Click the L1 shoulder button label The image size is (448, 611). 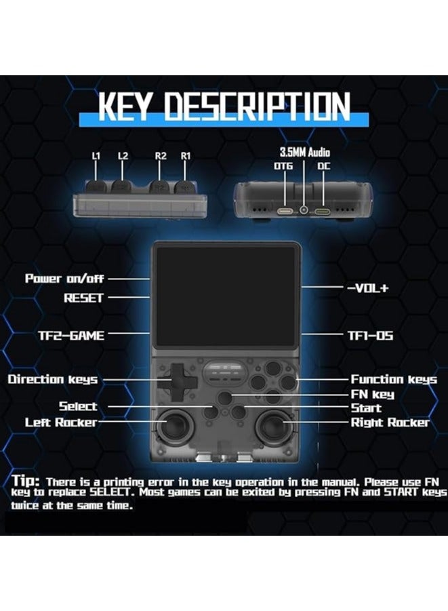96,156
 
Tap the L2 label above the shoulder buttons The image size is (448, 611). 123,156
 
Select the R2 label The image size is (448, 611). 161,156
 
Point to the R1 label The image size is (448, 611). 186,156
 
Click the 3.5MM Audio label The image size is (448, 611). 304,153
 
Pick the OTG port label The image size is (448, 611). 283,166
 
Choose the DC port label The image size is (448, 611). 323,166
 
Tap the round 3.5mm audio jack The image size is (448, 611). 304,210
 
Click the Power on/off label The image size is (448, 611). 64,278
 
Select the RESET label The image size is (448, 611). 83,298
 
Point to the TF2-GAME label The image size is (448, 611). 71,336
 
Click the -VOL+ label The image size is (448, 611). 368,288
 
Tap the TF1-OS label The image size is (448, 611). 371,336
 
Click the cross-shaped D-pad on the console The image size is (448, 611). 178,378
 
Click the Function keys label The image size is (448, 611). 394,379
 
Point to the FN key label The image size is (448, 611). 373,395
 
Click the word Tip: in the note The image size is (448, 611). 26,480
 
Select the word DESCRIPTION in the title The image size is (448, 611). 257,106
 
